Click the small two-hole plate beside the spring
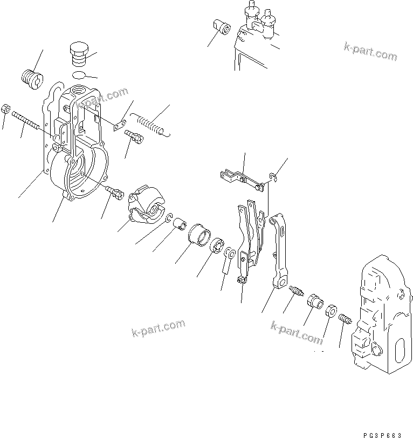coord(120,126)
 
